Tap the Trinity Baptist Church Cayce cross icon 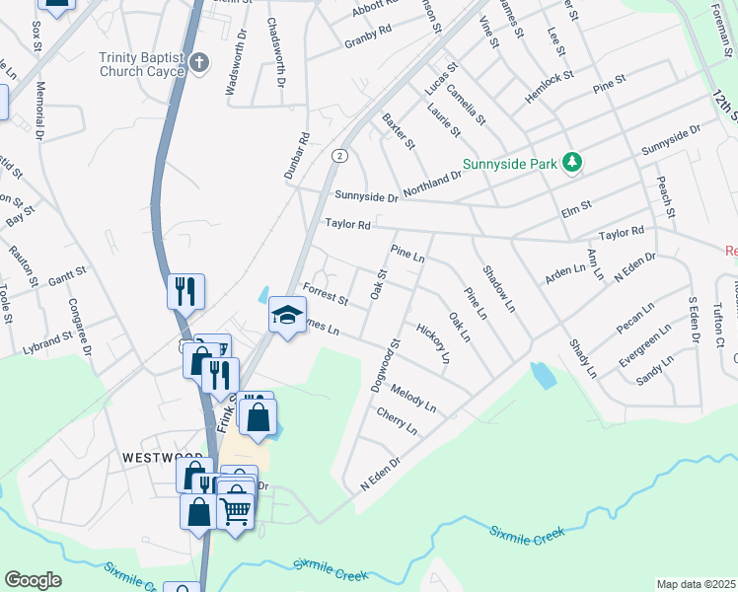199,64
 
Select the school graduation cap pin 286,315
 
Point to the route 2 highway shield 338,156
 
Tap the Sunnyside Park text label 509,164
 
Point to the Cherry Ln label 398,421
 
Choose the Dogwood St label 384,365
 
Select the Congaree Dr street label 79,327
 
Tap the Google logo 33,580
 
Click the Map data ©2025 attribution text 697,584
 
